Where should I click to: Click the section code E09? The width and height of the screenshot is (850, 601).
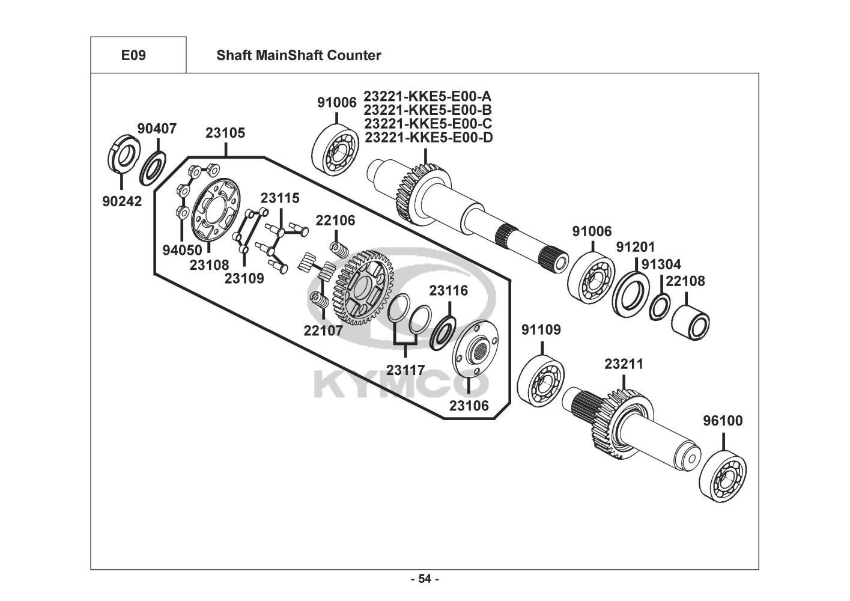[133, 55]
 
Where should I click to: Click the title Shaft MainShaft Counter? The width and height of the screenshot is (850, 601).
[299, 55]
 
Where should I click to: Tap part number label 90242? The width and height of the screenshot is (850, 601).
[122, 201]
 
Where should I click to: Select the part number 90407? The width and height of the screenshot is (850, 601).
[157, 129]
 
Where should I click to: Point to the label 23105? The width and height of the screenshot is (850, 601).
[225, 133]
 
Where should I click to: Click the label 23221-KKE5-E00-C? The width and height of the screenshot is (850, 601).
[428, 124]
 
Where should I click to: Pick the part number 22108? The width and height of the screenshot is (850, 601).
[685, 281]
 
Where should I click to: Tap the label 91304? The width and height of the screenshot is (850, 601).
[661, 264]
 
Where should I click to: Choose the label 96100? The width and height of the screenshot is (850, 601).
[723, 421]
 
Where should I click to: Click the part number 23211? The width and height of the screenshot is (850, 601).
[624, 364]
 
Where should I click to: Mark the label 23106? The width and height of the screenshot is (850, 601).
[469, 406]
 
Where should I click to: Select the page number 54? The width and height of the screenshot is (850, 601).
[424, 579]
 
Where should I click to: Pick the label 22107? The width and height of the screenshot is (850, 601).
[323, 330]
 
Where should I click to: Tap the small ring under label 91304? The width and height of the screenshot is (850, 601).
[659, 306]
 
